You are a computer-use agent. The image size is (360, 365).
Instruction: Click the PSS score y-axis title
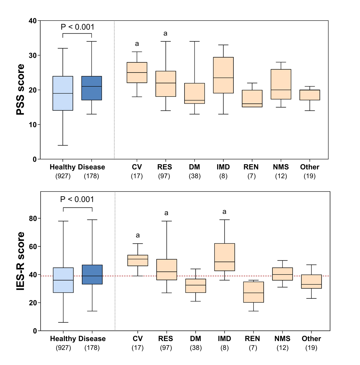[x=20, y=90]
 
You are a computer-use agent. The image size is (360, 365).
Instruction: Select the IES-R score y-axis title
[x=20, y=261]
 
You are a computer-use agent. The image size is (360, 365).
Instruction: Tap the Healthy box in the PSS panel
[x=63, y=93]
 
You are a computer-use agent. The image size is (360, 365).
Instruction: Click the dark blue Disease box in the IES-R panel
[x=92, y=274]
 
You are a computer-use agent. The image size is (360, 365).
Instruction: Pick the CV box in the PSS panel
[x=137, y=73]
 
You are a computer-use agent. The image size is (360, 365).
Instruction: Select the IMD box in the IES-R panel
[x=224, y=257]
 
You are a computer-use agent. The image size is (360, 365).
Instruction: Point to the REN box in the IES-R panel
[x=253, y=292]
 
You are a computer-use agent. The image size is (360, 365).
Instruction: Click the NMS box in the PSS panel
[x=281, y=84]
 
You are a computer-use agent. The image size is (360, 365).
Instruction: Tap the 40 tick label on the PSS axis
[x=33, y=21]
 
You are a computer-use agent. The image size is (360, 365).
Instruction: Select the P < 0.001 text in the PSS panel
[x=77, y=27]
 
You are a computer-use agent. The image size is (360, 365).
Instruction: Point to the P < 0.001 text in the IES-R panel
[x=77, y=199]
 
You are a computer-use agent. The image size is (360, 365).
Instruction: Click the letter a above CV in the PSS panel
[x=137, y=44]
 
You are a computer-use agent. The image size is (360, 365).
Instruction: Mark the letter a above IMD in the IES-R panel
[x=224, y=212]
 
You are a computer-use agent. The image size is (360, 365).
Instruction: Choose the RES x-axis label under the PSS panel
[x=165, y=167]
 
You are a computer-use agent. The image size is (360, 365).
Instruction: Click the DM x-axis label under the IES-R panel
[x=196, y=339]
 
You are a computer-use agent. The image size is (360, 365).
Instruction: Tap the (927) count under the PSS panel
[x=63, y=176]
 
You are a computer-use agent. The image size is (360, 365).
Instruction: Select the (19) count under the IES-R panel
[x=311, y=348]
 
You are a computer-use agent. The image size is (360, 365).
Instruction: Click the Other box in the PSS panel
[x=310, y=95]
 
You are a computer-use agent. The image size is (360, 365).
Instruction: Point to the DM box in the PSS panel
[x=195, y=93]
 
